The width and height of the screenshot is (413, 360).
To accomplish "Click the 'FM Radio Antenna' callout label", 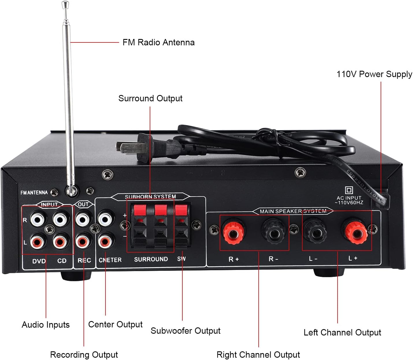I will coord(158,42).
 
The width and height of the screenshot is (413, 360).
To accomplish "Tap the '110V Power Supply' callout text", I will coord(374,74).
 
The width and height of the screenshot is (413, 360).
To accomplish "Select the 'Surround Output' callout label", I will coord(150,98).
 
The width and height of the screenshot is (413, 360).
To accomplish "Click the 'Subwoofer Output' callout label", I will coord(185,331).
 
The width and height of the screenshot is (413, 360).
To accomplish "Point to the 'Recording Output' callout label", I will coord(84,355).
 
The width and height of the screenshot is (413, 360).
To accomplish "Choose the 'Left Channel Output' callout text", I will coord(342,332).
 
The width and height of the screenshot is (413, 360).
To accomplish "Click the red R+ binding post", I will coord(234,231).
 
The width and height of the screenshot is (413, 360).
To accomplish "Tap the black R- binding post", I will coord(273,231).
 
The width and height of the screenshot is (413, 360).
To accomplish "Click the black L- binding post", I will coord(315,231).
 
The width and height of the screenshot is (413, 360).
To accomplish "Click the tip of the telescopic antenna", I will coord(65,4).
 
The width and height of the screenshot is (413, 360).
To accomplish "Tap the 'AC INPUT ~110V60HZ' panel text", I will coord(349,200).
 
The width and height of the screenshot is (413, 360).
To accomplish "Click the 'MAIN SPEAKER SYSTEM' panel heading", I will coord(293,211).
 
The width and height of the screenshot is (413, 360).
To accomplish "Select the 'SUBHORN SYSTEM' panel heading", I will coord(150,197).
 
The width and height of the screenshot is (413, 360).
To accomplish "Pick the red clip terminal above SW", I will coord(181,210).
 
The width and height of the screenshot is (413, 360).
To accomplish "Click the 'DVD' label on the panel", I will coord(39,261).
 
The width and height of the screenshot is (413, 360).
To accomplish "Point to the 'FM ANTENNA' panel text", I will coord(34,193).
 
